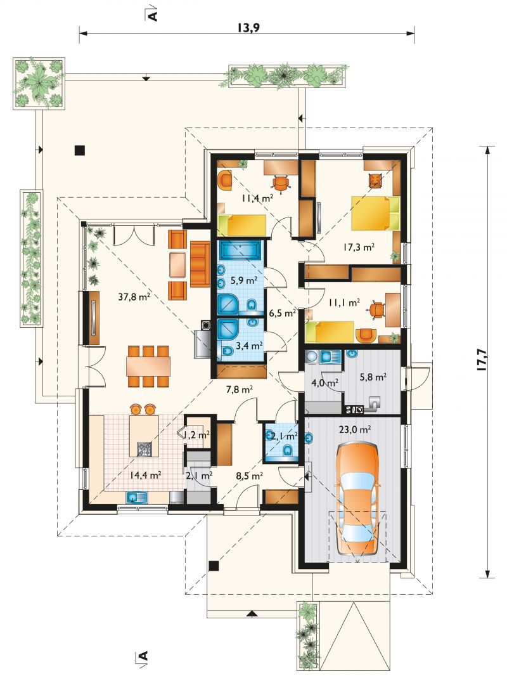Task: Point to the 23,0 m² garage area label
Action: pos(356,429)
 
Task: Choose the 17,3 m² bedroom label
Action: pos(359,247)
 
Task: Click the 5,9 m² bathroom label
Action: pos(244,280)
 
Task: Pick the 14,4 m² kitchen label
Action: pos(145,475)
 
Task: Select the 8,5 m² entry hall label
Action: pos(250,476)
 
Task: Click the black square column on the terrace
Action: pos(79,150)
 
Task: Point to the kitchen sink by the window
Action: pos(136,498)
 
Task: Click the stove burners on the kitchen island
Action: pos(144,449)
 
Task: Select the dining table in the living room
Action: pos(148,367)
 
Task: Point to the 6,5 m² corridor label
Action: pos(282,313)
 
